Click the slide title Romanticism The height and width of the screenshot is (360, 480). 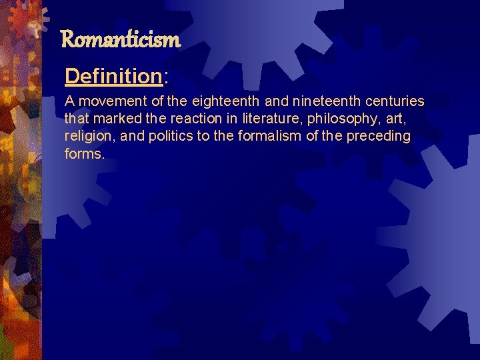[120, 41]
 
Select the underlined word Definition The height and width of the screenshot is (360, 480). [113, 77]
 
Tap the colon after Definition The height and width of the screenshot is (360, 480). [165, 77]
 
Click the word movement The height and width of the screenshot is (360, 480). [106, 102]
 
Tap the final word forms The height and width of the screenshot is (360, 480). [84, 154]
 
